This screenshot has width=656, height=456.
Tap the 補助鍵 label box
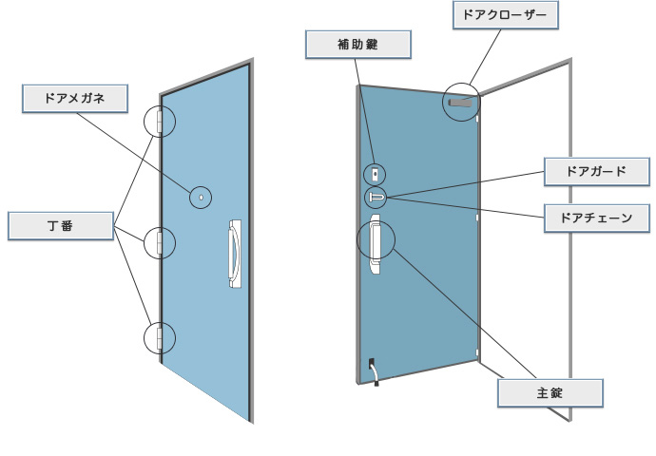pos(357,44)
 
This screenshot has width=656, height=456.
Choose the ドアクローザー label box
pos(504,14)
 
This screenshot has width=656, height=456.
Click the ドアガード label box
pos(596,172)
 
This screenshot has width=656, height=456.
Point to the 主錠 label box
pos(550,391)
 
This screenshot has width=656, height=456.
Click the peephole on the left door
pos(203,197)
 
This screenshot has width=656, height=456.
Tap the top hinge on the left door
pos(160,121)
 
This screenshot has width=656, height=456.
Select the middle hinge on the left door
pos(160,242)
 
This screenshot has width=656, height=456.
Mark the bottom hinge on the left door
pos(160,336)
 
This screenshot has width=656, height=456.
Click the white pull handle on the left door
pos(233,255)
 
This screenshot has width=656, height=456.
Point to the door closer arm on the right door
pos(462,102)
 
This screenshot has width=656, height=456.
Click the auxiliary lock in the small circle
pos(376,174)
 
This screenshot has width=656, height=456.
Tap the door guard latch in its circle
pos(376,197)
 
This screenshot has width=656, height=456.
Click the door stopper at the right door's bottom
pos(374,371)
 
